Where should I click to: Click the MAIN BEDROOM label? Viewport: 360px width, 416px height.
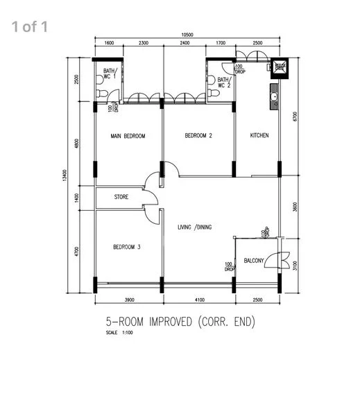pyautogui.click(x=128, y=137)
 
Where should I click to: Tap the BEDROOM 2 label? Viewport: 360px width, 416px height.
pyautogui.click(x=198, y=136)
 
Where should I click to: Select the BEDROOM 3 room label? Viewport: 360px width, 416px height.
pyautogui.click(x=127, y=248)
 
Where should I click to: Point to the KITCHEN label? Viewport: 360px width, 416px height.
pyautogui.click(x=259, y=135)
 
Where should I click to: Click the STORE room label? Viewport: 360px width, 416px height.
pyautogui.click(x=121, y=198)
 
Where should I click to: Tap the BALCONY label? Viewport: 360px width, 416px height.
pyautogui.click(x=253, y=261)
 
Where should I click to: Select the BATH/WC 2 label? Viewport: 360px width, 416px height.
pyautogui.click(x=223, y=83)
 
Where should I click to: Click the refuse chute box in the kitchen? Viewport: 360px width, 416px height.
pyautogui.click(x=280, y=67)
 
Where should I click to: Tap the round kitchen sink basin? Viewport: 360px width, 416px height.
pyautogui.click(x=275, y=96)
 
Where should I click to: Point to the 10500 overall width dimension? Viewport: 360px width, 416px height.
pyautogui.click(x=187, y=35)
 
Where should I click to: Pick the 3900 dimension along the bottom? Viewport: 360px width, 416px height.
pyautogui.click(x=128, y=300)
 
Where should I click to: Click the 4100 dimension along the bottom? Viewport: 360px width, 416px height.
pyautogui.click(x=198, y=300)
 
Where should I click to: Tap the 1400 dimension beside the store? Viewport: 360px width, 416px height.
pyautogui.click(x=76, y=197)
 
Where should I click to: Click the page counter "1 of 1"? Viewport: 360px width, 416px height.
pyautogui.click(x=29, y=27)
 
